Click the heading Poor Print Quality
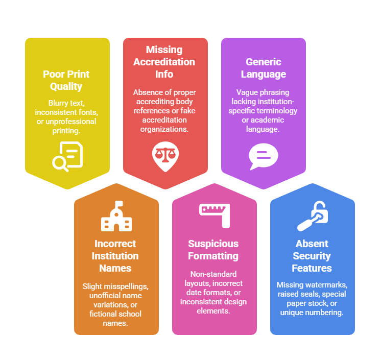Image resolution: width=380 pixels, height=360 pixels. click(x=66, y=80)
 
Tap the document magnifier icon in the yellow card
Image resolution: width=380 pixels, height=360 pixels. click(x=67, y=156)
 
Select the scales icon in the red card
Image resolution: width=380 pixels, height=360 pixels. click(x=165, y=156)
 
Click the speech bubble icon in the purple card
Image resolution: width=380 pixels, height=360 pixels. click(x=264, y=156)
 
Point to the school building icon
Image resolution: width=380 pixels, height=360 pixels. click(x=116, y=216)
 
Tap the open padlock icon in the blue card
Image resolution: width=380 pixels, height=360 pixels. click(x=313, y=216)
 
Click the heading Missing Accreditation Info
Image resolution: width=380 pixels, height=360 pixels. click(x=164, y=62)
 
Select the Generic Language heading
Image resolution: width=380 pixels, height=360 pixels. click(x=264, y=68)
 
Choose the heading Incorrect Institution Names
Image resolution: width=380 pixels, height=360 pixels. click(x=115, y=256)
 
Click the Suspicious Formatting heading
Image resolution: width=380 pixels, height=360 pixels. click(x=213, y=250)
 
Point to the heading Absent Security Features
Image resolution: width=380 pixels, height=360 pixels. click(x=312, y=256)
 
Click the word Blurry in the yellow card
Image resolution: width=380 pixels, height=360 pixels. click(x=58, y=103)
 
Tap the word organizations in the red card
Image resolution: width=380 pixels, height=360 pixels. click(x=164, y=129)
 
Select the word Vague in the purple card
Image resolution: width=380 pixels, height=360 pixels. click(x=246, y=92)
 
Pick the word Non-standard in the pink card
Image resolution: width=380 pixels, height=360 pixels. click(x=213, y=274)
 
